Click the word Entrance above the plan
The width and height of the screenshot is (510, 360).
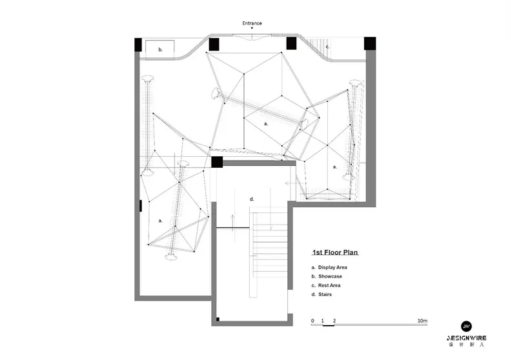[x=252, y=23]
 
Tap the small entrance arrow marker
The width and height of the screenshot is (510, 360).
[x=252, y=28]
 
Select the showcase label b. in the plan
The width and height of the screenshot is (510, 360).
[x=160, y=50]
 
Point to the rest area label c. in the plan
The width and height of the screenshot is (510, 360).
[x=327, y=47]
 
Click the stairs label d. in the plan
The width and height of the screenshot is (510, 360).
[x=252, y=199]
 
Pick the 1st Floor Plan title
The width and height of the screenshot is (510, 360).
[x=335, y=252]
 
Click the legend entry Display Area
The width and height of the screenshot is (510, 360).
[x=332, y=267]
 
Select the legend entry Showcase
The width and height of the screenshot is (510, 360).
[x=330, y=277]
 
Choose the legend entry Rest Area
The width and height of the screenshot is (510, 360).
[x=329, y=286]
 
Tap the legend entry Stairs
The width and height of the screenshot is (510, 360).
[x=325, y=294]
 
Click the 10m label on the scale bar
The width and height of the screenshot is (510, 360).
[x=422, y=321]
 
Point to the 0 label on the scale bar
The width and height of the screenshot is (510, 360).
[x=312, y=321]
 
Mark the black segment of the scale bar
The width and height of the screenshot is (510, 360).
[x=329, y=325]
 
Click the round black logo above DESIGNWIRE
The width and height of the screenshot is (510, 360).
[x=466, y=326]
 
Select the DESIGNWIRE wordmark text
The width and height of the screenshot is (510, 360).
[x=466, y=338]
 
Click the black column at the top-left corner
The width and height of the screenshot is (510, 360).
[x=138, y=45]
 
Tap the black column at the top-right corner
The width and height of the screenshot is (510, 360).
[x=370, y=43]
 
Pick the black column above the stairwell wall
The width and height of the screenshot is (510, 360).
[x=217, y=162]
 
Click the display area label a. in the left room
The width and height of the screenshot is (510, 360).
[x=160, y=221]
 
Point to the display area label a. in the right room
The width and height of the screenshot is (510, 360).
[x=334, y=167]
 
